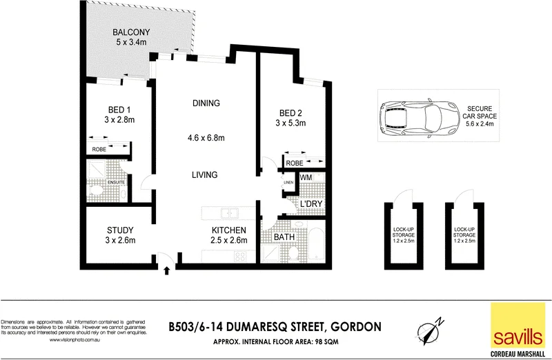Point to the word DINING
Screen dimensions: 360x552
point(206,103)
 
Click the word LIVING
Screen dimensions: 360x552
point(206,174)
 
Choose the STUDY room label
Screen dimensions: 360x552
point(120,230)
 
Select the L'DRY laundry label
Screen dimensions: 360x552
point(310,204)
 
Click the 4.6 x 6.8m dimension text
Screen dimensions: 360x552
point(206,138)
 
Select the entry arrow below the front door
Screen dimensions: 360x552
point(166,272)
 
